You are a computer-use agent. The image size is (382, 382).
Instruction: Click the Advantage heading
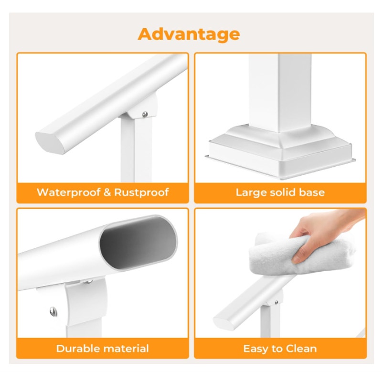[189, 34]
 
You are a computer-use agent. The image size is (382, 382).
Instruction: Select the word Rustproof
[142, 193]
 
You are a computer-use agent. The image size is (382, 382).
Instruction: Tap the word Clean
[301, 349]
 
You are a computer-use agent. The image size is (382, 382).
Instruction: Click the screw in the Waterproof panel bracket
[145, 114]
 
